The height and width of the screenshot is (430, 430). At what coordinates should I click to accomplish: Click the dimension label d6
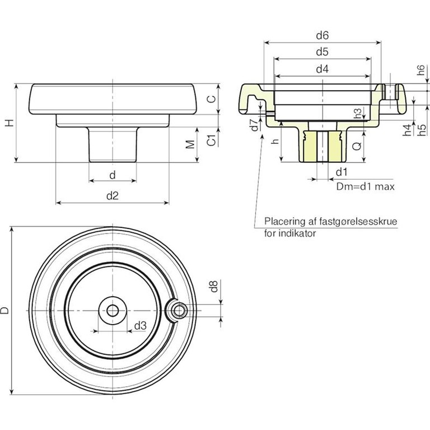pyautogui.click(x=321, y=35)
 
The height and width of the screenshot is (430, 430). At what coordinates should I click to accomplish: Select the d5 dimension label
pyautogui.click(x=321, y=52)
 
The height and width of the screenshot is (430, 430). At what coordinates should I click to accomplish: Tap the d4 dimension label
pyautogui.click(x=321, y=69)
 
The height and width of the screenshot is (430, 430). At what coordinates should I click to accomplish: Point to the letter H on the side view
pyautogui.click(x=10, y=123)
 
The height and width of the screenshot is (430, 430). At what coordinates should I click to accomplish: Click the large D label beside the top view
pyautogui.click(x=5, y=310)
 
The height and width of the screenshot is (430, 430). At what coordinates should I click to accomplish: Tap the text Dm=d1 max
pyautogui.click(x=366, y=186)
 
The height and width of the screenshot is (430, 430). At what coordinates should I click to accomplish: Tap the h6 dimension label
pyautogui.click(x=421, y=71)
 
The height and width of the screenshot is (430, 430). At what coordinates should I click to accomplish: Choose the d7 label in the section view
pyautogui.click(x=255, y=125)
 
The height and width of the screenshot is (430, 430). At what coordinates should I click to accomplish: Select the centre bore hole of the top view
pyautogui.click(x=113, y=310)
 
